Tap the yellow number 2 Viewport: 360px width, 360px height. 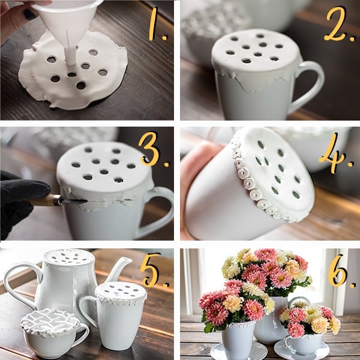(337, 24)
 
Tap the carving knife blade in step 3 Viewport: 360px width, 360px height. (74, 202)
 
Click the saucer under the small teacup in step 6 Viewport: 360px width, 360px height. (301, 351)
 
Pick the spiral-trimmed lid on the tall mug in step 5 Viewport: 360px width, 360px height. (121, 293)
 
